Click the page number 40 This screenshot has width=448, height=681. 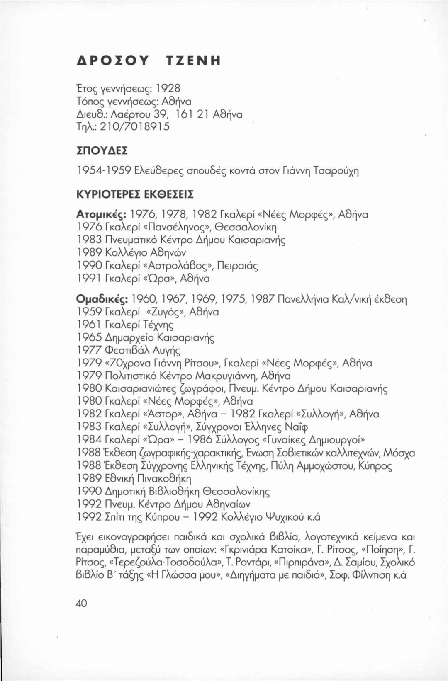point(81,603)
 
